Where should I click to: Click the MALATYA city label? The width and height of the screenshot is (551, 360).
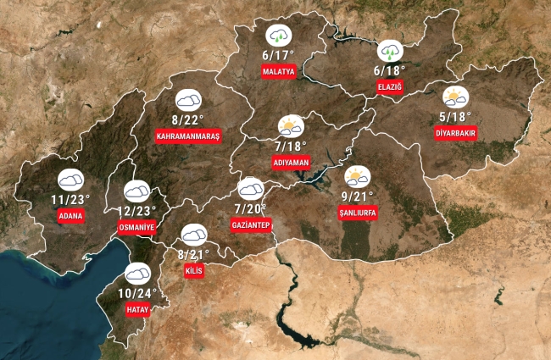coord(279,72)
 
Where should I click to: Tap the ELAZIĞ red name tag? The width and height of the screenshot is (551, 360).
coord(389,87)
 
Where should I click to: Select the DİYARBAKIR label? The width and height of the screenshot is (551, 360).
coord(456,134)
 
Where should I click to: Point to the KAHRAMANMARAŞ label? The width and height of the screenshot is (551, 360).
coord(188,136)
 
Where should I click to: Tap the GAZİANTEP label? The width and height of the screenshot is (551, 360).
coord(250,224)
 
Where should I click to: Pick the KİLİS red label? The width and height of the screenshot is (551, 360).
coord(193,271)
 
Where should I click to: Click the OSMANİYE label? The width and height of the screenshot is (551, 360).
coord(136,228)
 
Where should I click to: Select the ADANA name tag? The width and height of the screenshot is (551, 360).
coord(70,216)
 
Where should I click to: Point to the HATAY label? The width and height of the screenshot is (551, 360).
coord(137,310)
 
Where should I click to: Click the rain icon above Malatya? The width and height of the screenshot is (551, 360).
coord(278,36)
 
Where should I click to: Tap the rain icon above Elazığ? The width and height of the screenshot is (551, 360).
coord(389,50)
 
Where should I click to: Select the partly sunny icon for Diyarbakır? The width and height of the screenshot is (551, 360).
coord(455,97)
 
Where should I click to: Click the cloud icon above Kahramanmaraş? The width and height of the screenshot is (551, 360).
coord(188,99)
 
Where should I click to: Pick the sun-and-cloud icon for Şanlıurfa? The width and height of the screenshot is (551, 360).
coord(357,176)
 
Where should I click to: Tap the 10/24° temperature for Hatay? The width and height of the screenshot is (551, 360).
coord(137,293)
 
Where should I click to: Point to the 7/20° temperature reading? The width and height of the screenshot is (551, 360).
coord(250,208)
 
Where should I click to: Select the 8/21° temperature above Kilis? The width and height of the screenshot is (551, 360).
coord(194,254)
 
